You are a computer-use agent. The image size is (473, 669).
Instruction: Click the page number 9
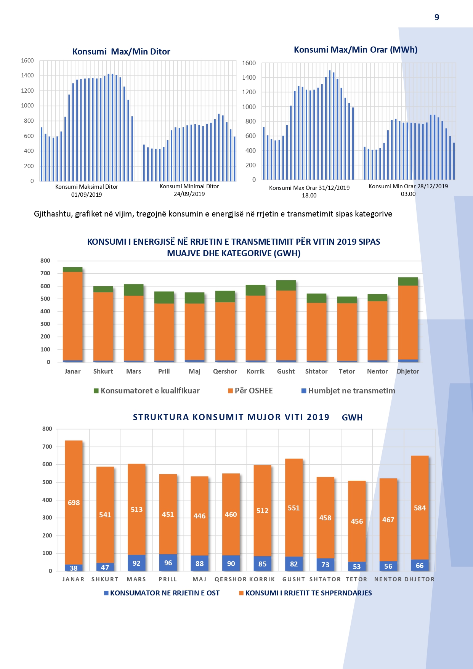point(437,17)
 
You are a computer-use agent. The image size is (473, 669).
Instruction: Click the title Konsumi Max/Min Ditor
point(121,51)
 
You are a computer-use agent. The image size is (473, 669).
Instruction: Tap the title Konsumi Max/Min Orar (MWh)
point(355,50)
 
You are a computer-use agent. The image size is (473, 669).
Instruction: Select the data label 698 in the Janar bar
point(74,503)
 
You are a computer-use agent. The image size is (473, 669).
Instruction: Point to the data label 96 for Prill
point(168,563)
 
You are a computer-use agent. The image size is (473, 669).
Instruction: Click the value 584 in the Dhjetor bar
point(420,508)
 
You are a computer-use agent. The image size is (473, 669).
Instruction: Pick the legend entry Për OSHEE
point(253,391)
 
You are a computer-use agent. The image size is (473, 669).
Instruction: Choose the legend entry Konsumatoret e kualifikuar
point(150,391)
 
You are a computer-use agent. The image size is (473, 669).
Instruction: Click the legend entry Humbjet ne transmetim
point(351,391)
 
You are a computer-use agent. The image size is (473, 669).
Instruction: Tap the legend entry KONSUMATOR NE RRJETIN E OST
point(165,593)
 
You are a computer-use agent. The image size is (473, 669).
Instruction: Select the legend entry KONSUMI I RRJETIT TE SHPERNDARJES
point(308,593)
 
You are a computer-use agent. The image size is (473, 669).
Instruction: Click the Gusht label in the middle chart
point(286,371)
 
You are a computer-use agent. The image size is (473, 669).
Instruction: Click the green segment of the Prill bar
point(164,297)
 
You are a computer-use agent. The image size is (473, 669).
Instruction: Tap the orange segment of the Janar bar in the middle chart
point(73,316)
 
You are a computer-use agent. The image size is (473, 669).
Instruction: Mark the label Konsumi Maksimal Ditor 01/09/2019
point(87,190)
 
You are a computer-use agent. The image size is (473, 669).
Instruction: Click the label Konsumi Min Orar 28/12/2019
point(408,186)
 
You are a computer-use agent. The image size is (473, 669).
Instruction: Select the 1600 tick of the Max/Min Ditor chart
point(27,61)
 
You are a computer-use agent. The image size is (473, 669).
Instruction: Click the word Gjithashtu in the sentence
point(53,214)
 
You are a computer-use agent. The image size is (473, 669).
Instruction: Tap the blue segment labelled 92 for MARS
point(136,563)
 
